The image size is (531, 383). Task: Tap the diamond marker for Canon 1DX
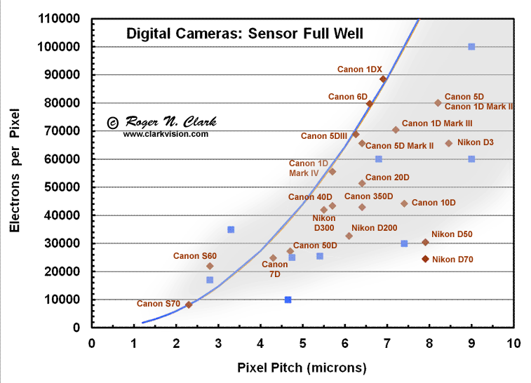pyautogui.click(x=383, y=79)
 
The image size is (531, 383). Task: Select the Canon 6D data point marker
pyautogui.click(x=370, y=104)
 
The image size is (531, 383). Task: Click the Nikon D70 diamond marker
pyautogui.click(x=425, y=259)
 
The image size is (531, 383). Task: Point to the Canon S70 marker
pyautogui.click(x=189, y=304)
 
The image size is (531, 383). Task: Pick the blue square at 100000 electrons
pyautogui.click(x=471, y=47)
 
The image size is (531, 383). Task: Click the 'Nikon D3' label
pyautogui.click(x=476, y=142)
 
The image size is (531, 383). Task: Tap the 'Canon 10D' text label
pyautogui.click(x=433, y=203)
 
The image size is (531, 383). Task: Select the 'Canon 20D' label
pyautogui.click(x=387, y=177)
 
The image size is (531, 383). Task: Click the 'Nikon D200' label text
pyautogui.click(x=375, y=227)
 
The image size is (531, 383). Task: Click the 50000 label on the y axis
pyautogui.click(x=60, y=187)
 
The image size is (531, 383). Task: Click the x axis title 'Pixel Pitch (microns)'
pyautogui.click(x=302, y=367)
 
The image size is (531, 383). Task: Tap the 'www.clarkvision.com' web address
pyautogui.click(x=166, y=133)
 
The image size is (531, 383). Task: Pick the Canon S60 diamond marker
pyautogui.click(x=210, y=266)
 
